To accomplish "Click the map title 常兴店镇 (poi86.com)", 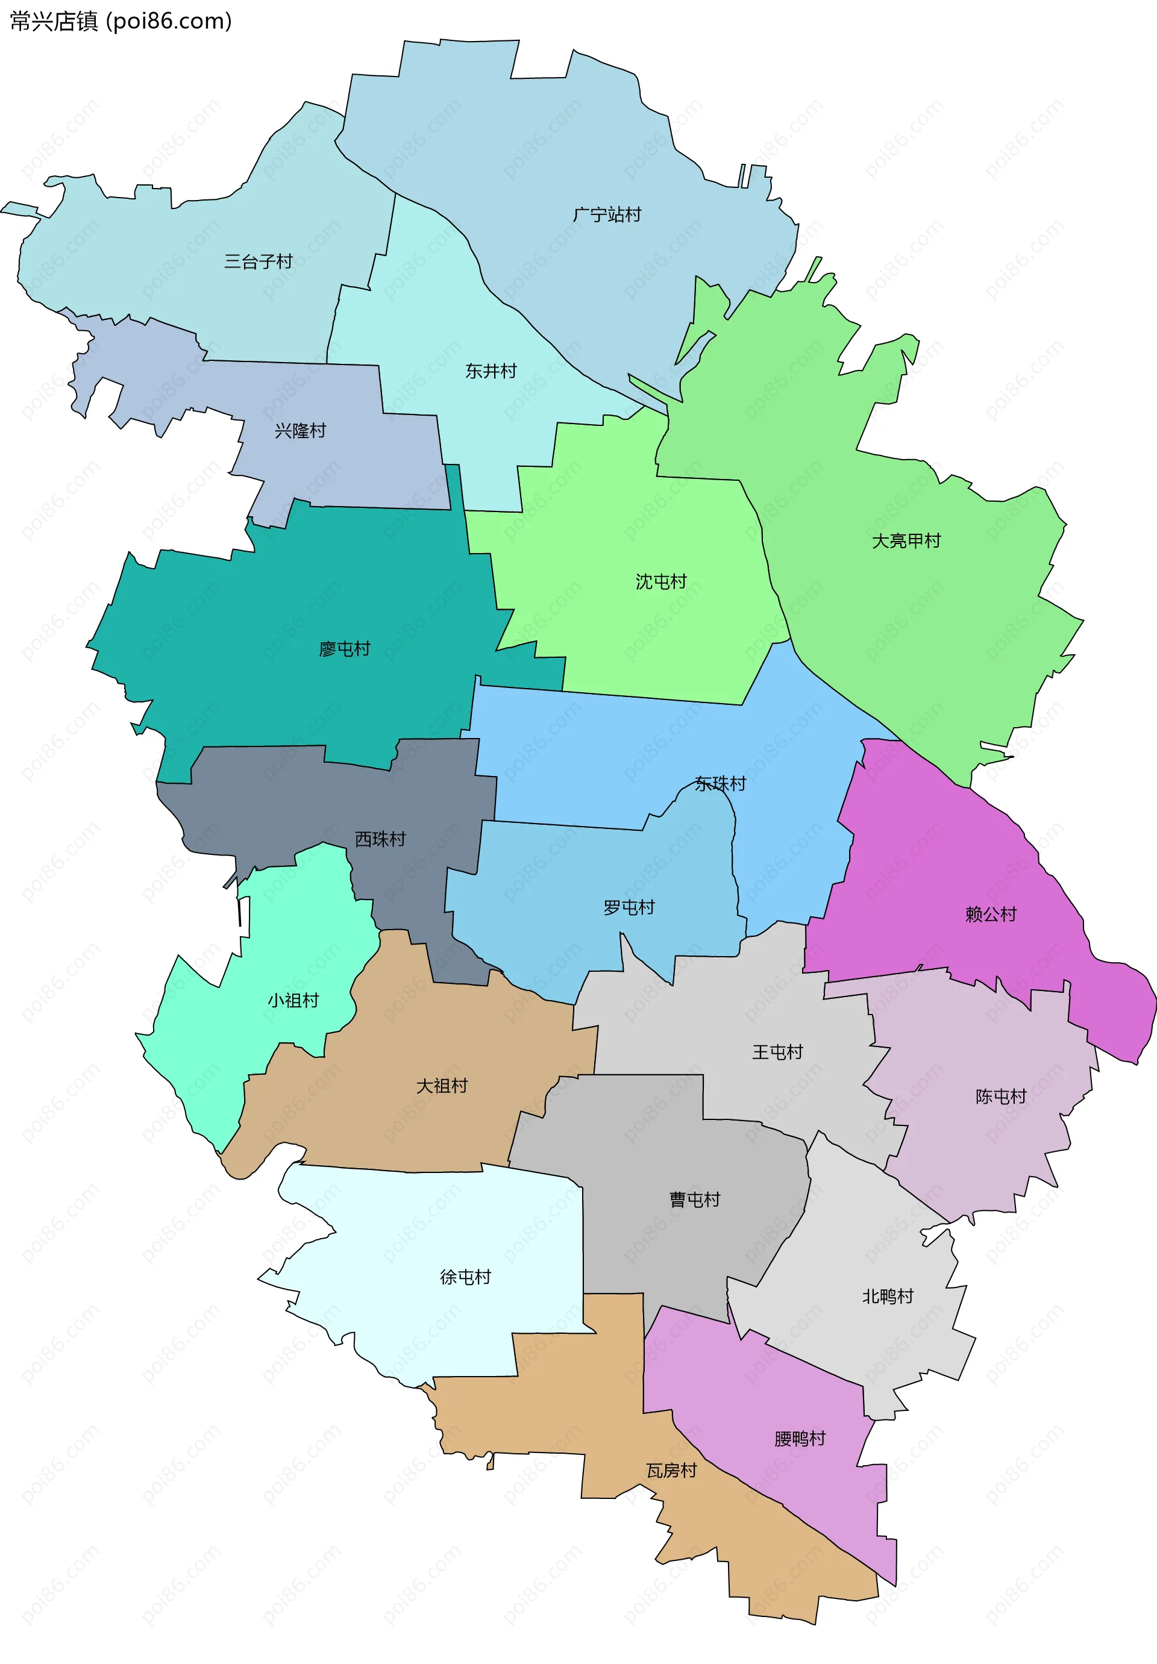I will (x=121, y=21).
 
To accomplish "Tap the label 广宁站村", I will (x=607, y=214).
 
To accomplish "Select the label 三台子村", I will (x=258, y=261).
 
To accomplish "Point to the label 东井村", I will (x=491, y=371).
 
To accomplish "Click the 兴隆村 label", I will (x=300, y=431).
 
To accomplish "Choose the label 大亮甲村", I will (x=906, y=540).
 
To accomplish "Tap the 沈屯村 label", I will (x=660, y=581).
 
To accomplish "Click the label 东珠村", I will (x=720, y=783).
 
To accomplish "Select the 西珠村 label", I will (x=380, y=839).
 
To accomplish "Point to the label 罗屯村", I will (x=629, y=907).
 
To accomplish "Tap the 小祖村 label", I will (x=293, y=1000).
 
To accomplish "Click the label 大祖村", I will (x=442, y=1085).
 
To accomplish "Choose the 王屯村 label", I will (x=777, y=1051).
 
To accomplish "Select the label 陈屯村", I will (x=1000, y=1096).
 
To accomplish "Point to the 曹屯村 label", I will (x=694, y=1200).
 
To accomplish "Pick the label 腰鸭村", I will (x=800, y=1438).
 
